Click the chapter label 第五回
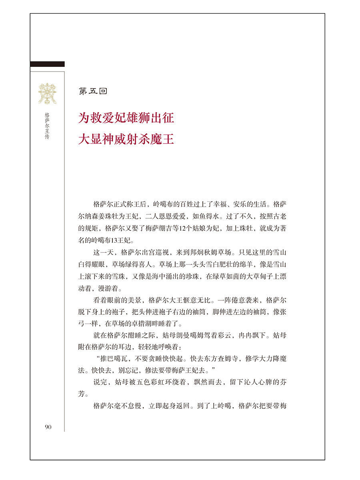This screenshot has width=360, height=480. tap(93, 91)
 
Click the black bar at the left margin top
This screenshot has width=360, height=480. tap(47, 64)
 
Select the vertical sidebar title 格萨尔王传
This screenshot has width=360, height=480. tap(47, 128)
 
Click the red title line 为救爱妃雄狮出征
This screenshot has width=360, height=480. tap(126, 118)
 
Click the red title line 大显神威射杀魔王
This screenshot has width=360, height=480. tap(126, 140)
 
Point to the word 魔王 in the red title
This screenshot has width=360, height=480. tap(164, 140)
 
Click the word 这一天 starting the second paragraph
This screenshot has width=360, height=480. tap(103, 253)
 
